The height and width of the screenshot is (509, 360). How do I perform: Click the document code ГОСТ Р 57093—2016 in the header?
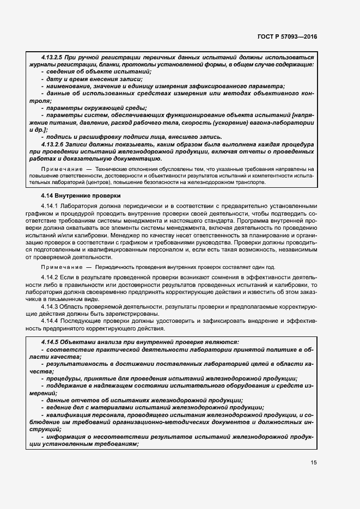[x=287, y=36]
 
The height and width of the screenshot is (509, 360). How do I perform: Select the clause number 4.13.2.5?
[x=53, y=57]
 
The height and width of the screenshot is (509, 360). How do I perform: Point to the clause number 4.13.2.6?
[x=53, y=145]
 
